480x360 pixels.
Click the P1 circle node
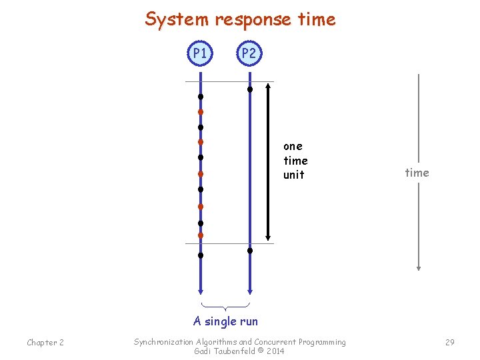(x=200, y=53)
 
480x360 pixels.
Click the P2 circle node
(x=249, y=53)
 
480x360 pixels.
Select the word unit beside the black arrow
(x=293, y=175)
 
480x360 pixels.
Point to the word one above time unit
(x=293, y=146)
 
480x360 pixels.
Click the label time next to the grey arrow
(x=417, y=173)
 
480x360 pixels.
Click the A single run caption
(x=225, y=321)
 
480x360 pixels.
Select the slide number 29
(x=449, y=342)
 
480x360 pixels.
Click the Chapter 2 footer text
(x=45, y=343)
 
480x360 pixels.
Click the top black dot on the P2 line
(x=250, y=89)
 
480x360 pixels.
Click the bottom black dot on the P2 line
(x=250, y=251)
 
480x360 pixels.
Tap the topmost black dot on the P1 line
(x=200, y=97)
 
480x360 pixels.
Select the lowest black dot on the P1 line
(x=200, y=255)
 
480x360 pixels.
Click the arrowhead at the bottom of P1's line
(x=200, y=291)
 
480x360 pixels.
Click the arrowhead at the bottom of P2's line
(x=249, y=291)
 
